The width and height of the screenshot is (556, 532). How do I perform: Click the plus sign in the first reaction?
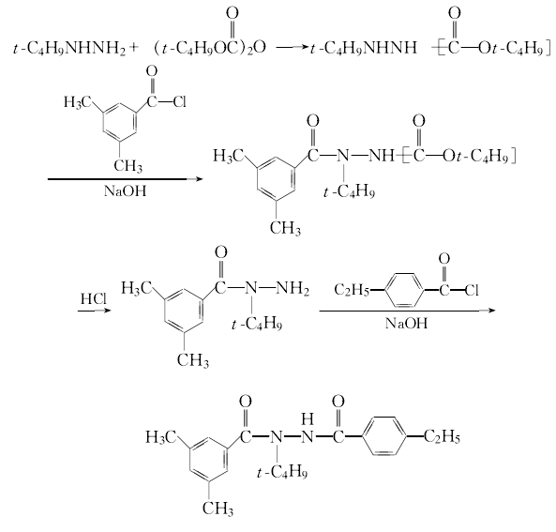pos(132,47)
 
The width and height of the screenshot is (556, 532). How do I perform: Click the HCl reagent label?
pos(93,298)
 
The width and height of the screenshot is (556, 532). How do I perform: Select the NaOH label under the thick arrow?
pos(125,190)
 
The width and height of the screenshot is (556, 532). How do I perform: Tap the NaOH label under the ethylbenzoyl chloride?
pos(406,323)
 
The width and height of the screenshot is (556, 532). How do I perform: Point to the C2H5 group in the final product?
pos(442,436)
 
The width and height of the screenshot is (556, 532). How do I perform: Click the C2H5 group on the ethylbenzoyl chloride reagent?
pos(352,290)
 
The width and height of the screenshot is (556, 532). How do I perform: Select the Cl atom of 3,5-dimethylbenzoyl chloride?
pos(179,102)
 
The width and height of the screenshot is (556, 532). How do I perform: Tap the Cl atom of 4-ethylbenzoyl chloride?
pos(472,291)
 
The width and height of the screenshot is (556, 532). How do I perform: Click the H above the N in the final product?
pos(308,419)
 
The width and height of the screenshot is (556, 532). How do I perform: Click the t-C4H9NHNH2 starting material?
pos(69,48)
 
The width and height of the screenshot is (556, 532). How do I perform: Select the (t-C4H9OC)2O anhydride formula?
pos(210,48)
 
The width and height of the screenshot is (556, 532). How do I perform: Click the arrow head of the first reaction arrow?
pos(306,47)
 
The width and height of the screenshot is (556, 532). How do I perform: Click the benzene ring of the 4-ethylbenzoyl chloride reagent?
pos(404,290)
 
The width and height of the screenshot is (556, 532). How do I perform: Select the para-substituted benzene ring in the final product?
pos(384,436)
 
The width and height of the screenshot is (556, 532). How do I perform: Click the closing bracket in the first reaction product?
pos(548,48)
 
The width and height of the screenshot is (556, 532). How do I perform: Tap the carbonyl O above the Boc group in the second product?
pos(419,121)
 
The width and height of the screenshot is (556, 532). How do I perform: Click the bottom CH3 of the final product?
pos(218,509)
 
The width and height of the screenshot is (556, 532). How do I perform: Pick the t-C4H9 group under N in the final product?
pos(282,473)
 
